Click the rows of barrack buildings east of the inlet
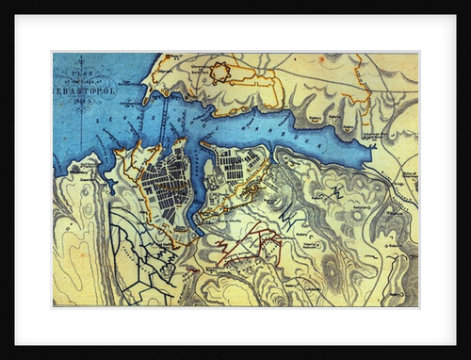230,170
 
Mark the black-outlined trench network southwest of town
132,254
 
